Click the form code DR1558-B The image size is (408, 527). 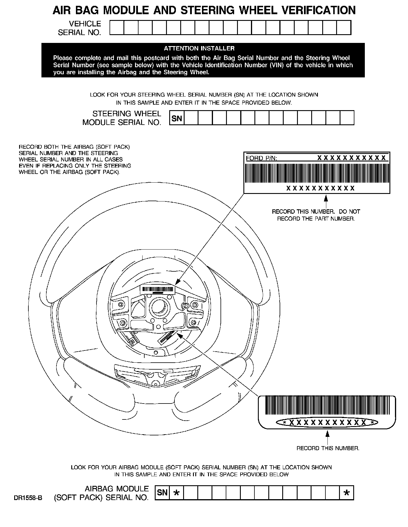tap(28, 498)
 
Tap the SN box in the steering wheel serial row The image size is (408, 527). tap(177, 118)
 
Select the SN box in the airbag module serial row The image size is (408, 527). tap(163, 492)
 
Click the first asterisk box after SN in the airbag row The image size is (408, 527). tap(176, 493)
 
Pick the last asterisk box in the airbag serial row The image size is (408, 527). tap(347, 493)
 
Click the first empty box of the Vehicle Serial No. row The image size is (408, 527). tap(117, 28)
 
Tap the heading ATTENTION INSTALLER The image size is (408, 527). tap(199, 48)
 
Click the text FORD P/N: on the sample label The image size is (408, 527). tap(261, 158)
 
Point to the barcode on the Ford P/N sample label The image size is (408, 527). tap(317, 173)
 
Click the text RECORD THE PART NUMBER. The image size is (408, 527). tap(316, 219)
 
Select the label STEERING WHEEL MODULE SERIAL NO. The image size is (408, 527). tap(122, 118)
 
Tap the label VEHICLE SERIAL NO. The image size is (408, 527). tap(80, 28)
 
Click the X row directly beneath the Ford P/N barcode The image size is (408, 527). tap(320, 188)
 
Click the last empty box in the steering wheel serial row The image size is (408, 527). tap(347, 118)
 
